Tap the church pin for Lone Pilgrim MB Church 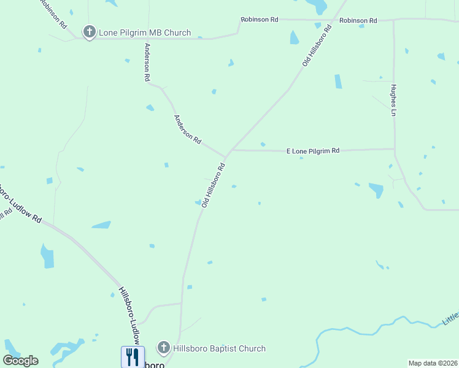click(x=90, y=32)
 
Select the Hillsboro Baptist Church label click(x=219, y=348)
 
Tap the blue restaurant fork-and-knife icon click(x=133, y=356)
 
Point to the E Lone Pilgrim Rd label click(x=312, y=150)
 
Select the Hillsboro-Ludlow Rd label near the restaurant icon click(x=129, y=316)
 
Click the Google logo click(x=21, y=360)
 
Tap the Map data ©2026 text click(x=432, y=363)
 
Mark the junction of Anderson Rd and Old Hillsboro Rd click(x=226, y=155)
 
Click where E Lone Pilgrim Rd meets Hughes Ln click(x=394, y=148)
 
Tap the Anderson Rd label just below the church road click(x=147, y=63)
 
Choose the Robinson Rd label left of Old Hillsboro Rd click(x=260, y=20)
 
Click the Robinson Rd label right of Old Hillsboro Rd click(x=358, y=20)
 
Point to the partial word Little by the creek click(x=451, y=318)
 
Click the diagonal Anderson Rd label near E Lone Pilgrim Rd click(x=187, y=129)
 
